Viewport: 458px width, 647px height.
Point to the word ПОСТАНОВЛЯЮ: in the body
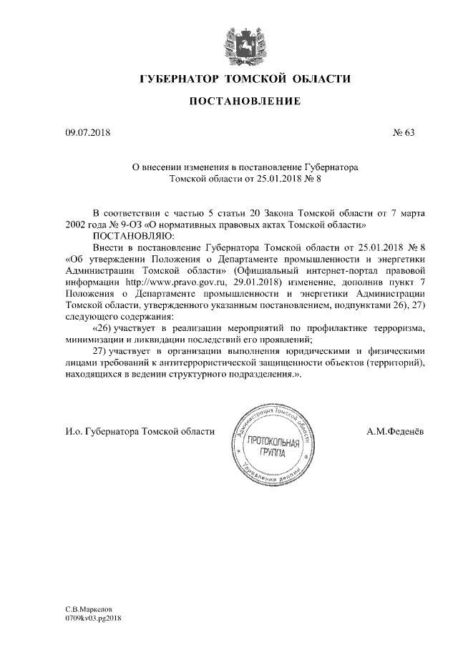(x=129, y=234)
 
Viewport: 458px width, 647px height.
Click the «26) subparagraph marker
(x=105, y=327)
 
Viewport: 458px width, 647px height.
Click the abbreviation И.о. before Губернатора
(x=73, y=432)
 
